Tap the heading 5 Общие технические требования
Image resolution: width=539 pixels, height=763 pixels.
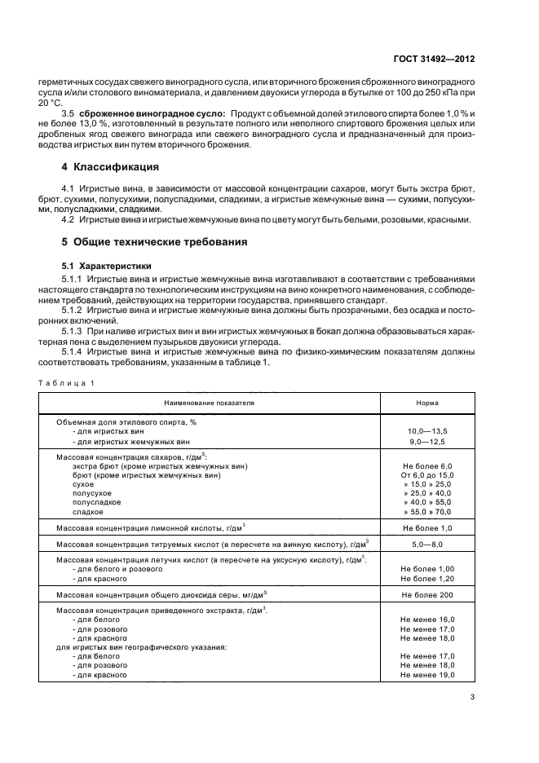(155, 242)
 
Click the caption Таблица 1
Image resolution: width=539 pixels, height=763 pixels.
(64, 382)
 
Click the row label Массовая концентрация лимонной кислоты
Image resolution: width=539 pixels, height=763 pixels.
(151, 528)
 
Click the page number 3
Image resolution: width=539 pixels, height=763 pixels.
(472, 696)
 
